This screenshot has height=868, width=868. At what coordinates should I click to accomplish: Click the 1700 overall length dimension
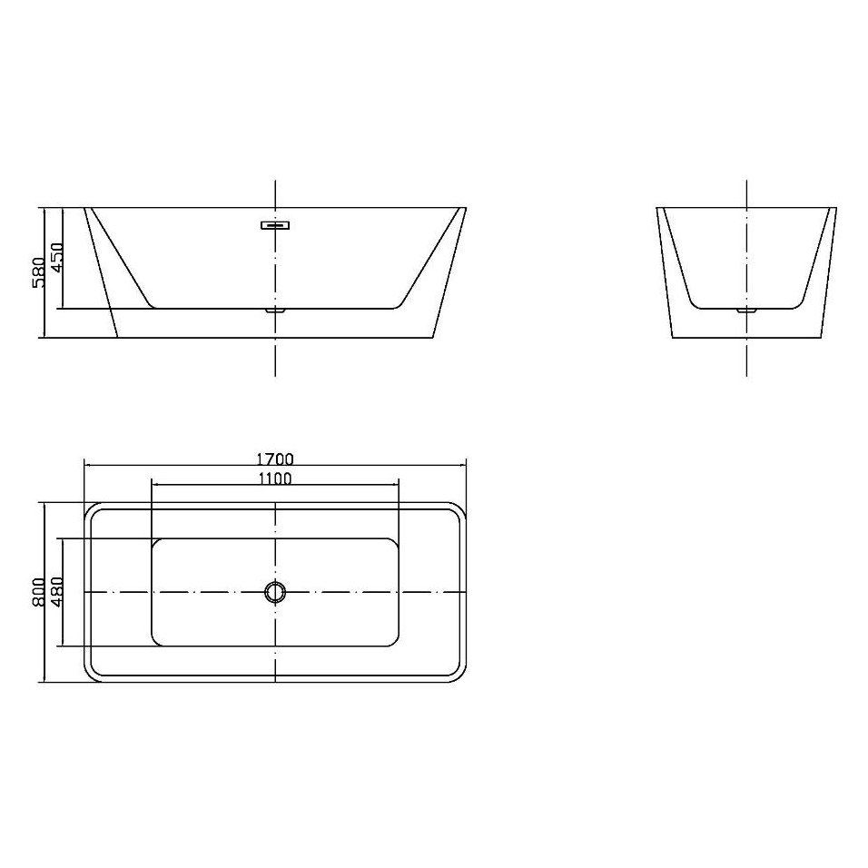pyautogui.click(x=274, y=459)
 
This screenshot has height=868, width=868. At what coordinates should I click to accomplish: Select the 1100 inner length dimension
pyautogui.click(x=274, y=478)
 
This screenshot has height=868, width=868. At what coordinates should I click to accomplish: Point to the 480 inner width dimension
pyautogui.click(x=55, y=592)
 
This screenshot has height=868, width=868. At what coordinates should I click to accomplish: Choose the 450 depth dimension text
pyautogui.click(x=55, y=259)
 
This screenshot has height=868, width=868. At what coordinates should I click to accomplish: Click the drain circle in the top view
pyautogui.click(x=274, y=592)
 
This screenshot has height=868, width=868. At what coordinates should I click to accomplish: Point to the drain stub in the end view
pyautogui.click(x=746, y=311)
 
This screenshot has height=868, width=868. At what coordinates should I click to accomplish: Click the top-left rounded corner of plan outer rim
pyautogui.click(x=91, y=508)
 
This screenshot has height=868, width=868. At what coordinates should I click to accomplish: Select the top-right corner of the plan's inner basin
pyautogui.click(x=394, y=543)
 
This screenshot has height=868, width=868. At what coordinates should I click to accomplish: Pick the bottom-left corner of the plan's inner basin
pyautogui.click(x=156, y=642)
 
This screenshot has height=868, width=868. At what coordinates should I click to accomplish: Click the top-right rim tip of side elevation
pyautogui.click(x=465, y=208)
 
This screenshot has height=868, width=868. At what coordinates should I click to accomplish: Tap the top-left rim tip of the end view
pyautogui.click(x=657, y=209)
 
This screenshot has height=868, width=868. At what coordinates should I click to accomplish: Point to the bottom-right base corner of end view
pyautogui.click(x=821, y=338)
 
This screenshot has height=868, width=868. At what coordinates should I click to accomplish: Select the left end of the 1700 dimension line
pyautogui.click(x=84, y=466)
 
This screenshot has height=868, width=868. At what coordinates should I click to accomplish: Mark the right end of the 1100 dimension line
pyautogui.click(x=399, y=485)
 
